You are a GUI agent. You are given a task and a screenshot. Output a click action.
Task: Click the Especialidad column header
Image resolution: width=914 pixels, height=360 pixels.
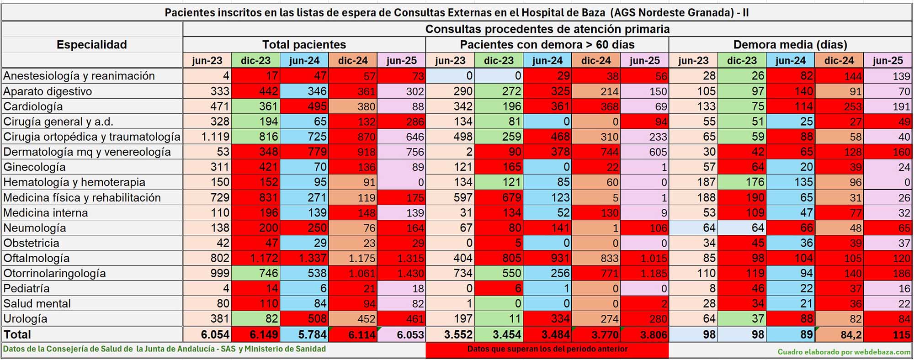tap(91, 45)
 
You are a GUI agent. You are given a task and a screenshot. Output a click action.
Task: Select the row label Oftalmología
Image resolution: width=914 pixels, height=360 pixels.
tap(37, 258)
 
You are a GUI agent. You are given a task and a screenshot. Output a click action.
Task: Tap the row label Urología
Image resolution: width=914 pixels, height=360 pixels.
tap(25, 319)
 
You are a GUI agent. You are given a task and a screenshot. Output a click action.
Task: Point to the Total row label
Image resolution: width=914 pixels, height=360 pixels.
tap(17, 334)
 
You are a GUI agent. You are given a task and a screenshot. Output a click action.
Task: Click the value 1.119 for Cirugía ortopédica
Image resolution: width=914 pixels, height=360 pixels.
tap(215, 137)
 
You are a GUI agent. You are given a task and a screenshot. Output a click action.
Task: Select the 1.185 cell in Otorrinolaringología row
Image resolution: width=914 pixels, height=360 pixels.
tap(654, 273)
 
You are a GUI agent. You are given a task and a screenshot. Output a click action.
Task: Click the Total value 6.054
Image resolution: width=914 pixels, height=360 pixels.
tap(215, 334)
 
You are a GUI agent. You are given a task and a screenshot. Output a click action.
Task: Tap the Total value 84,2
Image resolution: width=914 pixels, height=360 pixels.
tap(850, 335)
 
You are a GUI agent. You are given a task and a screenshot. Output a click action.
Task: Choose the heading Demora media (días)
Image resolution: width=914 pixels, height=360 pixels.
tap(790, 45)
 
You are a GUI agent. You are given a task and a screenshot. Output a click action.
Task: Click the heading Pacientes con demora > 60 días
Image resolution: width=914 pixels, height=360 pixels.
tap(547, 45)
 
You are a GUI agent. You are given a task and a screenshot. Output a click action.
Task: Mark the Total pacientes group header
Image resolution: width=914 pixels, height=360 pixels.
tap(304, 45)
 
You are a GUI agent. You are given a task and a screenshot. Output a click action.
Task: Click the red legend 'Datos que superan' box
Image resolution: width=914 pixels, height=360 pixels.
tap(547, 349)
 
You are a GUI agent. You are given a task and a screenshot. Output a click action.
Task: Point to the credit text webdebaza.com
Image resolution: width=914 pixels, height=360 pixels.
tap(844, 352)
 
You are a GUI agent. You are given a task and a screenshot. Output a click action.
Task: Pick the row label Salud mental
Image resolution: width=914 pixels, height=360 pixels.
tap(37, 304)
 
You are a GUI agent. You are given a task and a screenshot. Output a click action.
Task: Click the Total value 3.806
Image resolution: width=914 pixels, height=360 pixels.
tap(653, 334)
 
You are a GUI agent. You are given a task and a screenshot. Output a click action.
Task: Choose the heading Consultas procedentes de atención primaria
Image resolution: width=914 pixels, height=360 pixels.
tap(547, 29)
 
